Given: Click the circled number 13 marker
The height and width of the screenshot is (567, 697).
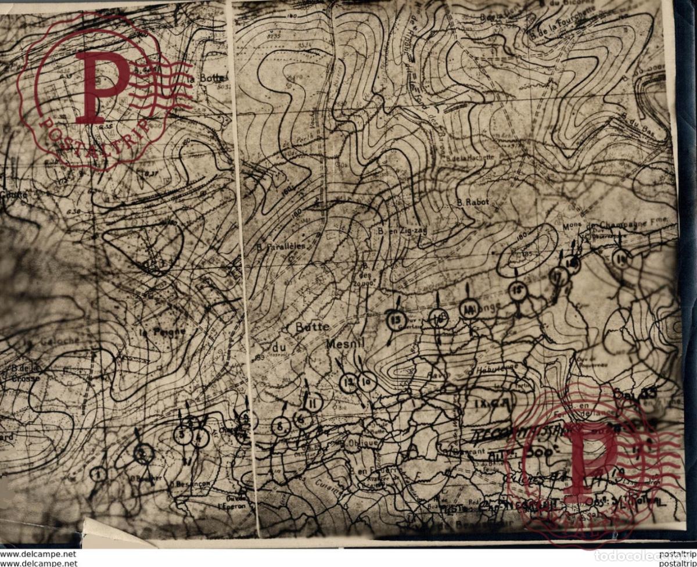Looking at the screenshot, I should (396, 320).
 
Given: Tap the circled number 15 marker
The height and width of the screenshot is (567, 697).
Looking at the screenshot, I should (517, 290).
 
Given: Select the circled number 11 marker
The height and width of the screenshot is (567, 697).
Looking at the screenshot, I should (313, 402).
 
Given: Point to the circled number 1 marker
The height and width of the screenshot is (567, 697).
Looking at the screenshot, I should (99, 474).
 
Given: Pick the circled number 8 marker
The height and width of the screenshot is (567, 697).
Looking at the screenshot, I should (280, 426).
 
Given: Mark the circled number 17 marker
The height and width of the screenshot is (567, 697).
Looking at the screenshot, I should (559, 276).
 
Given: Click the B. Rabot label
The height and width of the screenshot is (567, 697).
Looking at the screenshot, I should (473, 202).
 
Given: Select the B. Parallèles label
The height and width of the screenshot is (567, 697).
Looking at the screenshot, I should (281, 246).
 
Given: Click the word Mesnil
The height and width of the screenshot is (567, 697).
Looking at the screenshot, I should (344, 344).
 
